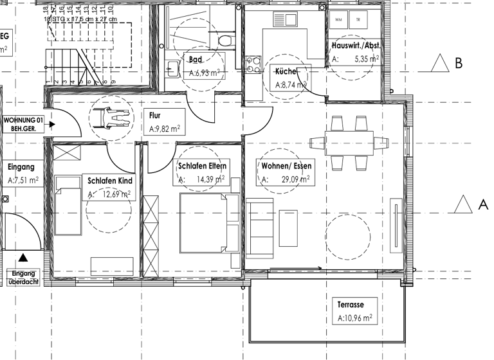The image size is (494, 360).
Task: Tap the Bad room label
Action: pyautogui.click(x=195, y=60)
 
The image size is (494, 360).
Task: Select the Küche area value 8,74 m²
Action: pyautogui.click(x=291, y=84)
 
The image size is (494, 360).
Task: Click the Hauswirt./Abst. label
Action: pyautogui.click(x=355, y=46)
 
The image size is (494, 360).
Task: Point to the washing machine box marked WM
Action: pyautogui.click(x=338, y=19)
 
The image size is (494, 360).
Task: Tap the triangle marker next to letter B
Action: pyautogui.click(x=440, y=63)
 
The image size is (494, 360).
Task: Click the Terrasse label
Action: pyautogui.click(x=351, y=305)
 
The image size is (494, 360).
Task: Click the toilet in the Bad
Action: pyautogui.click(x=223, y=39)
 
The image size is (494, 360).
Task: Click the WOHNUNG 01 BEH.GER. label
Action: pyautogui.click(x=24, y=123)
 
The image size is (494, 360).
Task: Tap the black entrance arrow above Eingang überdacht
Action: pyautogui.click(x=24, y=258)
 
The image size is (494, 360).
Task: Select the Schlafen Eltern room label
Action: pyautogui.click(x=202, y=166)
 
